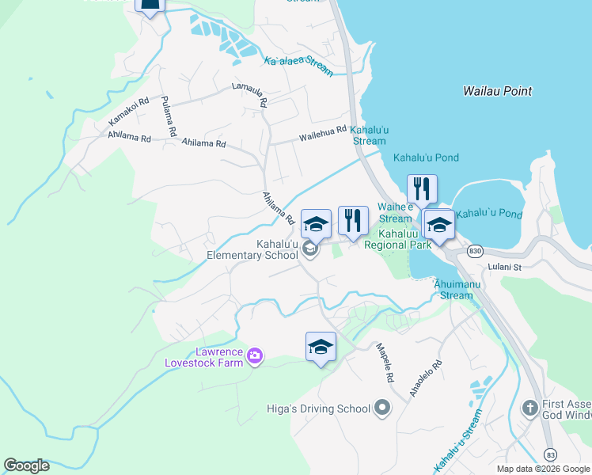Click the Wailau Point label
point(497,91)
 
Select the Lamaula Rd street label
point(250,93)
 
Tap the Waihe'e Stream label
point(395,212)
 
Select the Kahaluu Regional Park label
point(397,239)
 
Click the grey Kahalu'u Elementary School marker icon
point(310,250)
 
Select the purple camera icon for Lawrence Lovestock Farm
point(254,355)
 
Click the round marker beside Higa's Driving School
point(382,408)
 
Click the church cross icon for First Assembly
point(530,408)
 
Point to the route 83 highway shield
point(550,454)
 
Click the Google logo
point(26,465)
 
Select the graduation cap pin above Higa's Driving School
point(321,347)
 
